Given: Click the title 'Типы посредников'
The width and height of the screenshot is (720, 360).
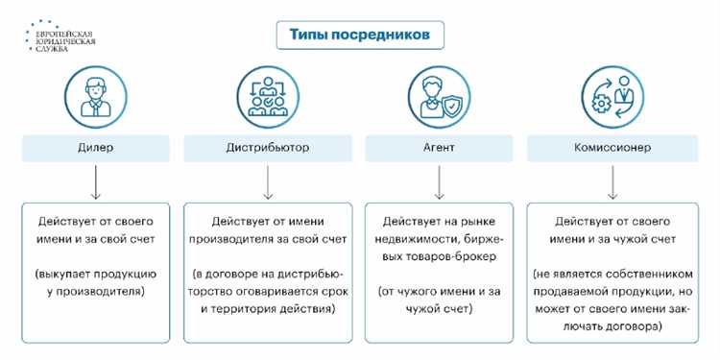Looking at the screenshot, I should click(x=360, y=36).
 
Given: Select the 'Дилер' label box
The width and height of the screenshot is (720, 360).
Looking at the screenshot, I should click(x=95, y=148).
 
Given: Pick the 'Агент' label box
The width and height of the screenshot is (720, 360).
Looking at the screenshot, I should click(x=437, y=148).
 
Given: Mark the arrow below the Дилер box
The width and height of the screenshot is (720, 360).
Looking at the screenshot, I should click(x=95, y=181).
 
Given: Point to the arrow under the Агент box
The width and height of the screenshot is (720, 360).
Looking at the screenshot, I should click(x=438, y=181).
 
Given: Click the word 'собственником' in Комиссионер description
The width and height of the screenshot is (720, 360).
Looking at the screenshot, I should click(x=634, y=275).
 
